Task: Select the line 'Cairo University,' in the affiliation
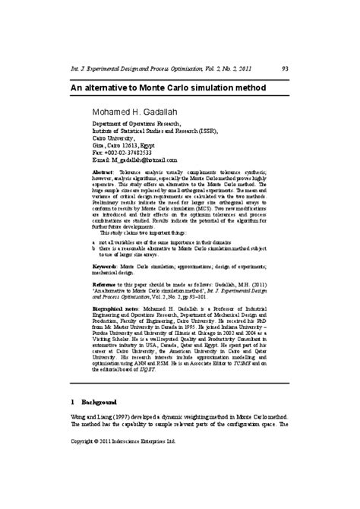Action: tap(115, 138)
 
